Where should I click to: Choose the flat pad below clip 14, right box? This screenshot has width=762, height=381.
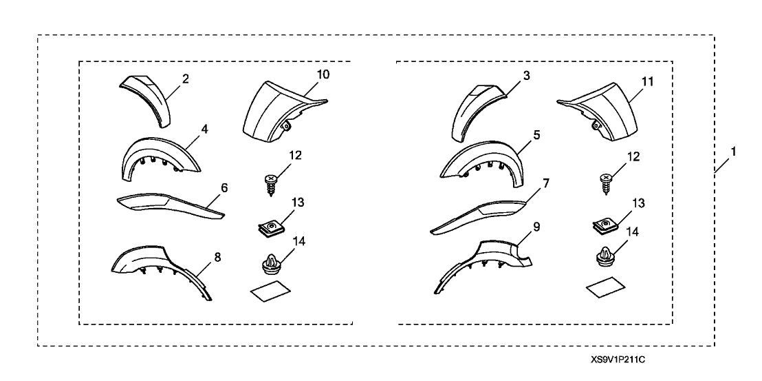pyautogui.click(x=603, y=288)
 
